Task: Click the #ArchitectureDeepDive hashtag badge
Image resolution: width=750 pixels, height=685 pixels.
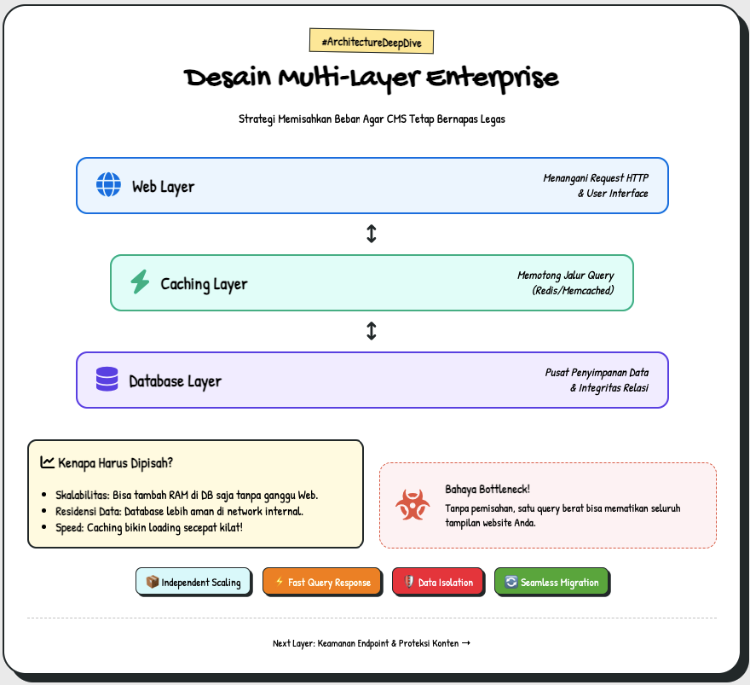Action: click(372, 41)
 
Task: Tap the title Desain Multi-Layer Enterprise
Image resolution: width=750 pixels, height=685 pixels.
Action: click(372, 78)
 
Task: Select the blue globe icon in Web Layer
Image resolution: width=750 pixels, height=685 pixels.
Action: click(108, 185)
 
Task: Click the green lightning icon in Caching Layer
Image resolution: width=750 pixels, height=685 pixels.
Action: click(140, 282)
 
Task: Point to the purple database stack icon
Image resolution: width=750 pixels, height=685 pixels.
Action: click(107, 380)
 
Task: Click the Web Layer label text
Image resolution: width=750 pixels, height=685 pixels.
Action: click(163, 186)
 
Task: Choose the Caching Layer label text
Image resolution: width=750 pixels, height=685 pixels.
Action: click(204, 283)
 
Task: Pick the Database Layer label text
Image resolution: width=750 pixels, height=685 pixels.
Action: click(175, 380)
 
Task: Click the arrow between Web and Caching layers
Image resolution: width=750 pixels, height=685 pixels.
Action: click(372, 234)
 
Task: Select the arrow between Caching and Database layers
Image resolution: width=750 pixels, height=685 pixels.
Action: click(372, 331)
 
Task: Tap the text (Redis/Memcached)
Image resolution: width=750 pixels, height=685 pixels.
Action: click(572, 290)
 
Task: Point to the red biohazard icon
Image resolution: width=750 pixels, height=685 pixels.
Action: click(412, 505)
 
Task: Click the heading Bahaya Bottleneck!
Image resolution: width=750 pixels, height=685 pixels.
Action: click(487, 489)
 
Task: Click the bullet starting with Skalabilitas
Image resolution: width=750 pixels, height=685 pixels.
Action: click(187, 495)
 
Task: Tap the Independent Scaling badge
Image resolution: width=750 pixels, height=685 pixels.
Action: click(193, 582)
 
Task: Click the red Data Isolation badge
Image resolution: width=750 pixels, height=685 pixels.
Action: click(437, 582)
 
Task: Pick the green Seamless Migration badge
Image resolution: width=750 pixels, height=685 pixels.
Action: click(551, 582)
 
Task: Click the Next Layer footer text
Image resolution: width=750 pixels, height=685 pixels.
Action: click(372, 643)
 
